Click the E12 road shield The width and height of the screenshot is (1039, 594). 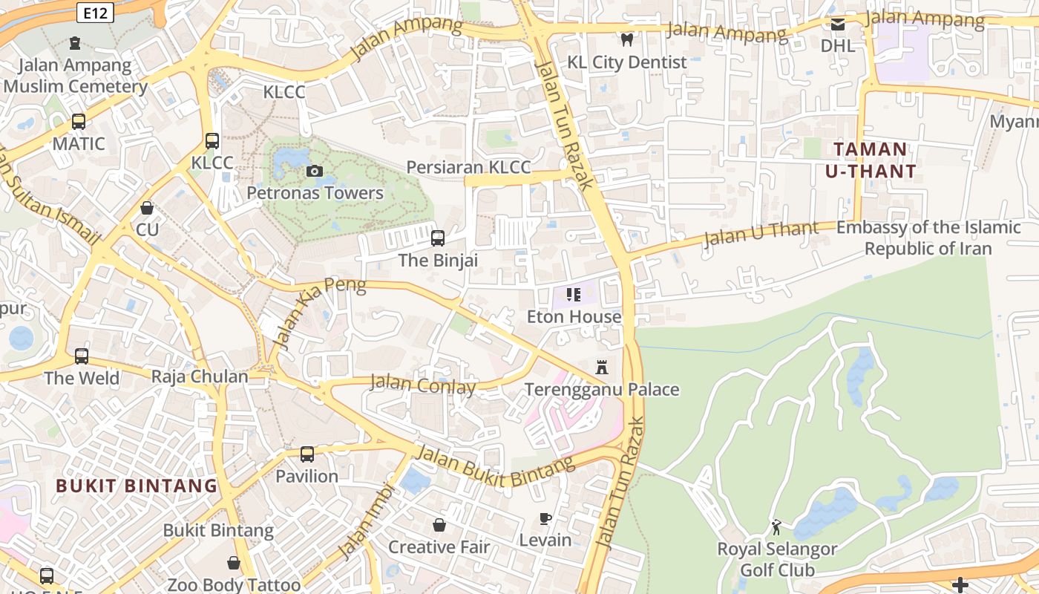95,12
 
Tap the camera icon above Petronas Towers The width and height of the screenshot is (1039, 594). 315,172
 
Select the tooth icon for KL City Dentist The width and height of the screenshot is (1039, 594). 627,40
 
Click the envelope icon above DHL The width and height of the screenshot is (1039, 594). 838,25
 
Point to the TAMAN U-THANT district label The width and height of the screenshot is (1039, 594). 871,160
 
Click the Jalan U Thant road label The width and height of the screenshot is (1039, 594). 760,233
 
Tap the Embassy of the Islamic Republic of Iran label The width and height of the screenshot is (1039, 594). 928,238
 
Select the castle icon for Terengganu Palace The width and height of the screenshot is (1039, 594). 602,367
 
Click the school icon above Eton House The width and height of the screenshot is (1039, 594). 573,295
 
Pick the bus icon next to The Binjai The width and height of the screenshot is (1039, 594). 438,238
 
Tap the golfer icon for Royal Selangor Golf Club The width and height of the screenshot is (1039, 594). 776,527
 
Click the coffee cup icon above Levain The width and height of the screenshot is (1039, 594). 545,518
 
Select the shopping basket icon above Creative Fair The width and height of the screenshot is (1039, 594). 439,525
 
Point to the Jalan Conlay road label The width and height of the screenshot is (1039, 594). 422,385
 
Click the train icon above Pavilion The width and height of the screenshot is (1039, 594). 307,454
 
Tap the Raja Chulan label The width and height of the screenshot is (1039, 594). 200,376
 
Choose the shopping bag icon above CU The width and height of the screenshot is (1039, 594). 147,208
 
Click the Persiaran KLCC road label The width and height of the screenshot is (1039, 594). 468,167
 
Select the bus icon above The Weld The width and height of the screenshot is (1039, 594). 82,356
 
